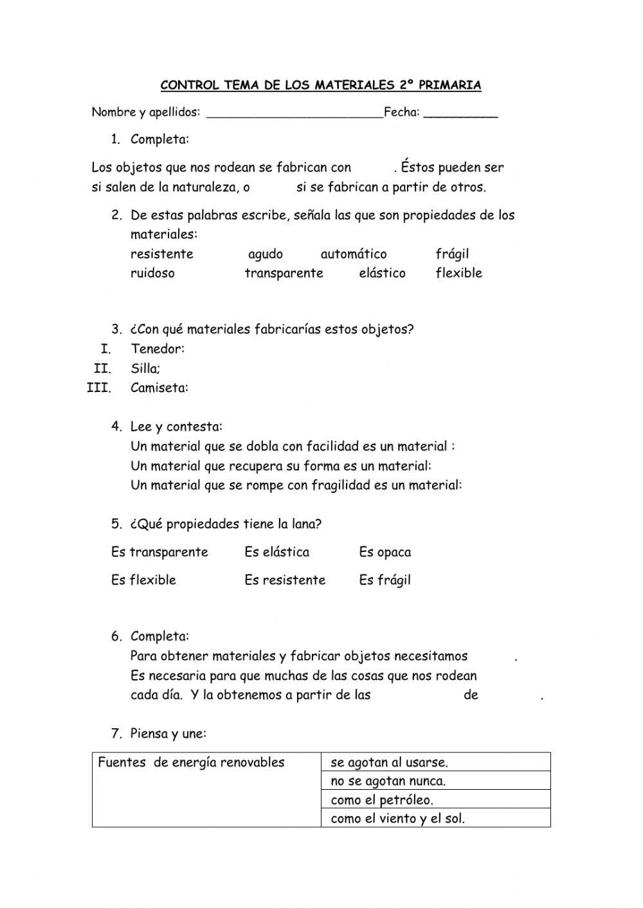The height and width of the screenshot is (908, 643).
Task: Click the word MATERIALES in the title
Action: point(354,85)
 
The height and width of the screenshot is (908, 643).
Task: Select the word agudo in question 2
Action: point(266,254)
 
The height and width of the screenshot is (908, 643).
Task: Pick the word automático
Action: point(354,254)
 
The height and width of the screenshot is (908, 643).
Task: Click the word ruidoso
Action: point(152,273)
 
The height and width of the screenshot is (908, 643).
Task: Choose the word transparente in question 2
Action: point(284,273)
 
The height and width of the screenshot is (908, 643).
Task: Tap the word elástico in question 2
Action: point(382,273)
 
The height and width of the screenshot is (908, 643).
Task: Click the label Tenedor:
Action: point(158,349)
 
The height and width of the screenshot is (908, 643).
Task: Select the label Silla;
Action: point(145,369)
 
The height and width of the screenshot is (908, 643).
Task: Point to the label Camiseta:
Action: point(159,388)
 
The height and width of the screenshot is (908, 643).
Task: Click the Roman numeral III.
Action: point(99,388)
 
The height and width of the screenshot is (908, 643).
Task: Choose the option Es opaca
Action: point(385,553)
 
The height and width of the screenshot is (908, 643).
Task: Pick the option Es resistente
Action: point(285,580)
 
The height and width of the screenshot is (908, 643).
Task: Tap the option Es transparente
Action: point(159,553)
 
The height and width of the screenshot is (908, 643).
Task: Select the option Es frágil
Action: point(385,580)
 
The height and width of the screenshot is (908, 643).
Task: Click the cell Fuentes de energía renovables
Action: point(191,763)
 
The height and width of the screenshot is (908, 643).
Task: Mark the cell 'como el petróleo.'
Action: point(382,800)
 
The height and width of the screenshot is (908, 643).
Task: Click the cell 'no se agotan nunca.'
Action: point(388,781)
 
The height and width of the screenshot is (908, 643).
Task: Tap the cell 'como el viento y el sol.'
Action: point(397,819)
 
